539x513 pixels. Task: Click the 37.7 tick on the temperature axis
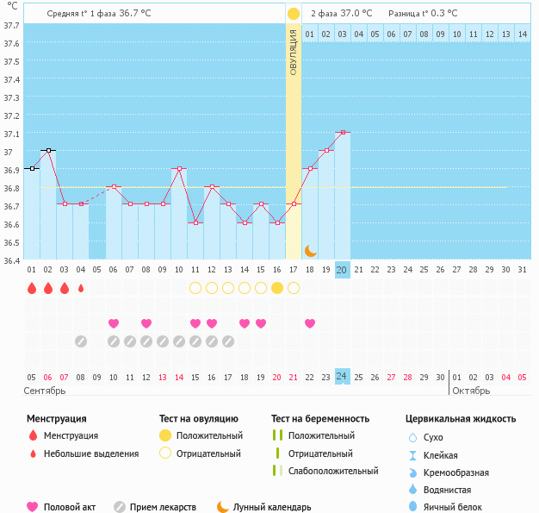pyautogui.click(x=11, y=25)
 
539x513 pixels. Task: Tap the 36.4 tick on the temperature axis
pyautogui.click(x=11, y=260)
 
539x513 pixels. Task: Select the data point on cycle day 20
pyautogui.click(x=342, y=132)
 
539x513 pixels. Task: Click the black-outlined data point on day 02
pyautogui.click(x=48, y=150)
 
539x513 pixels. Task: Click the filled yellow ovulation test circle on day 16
pyautogui.click(x=276, y=288)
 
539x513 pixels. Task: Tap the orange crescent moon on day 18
pyautogui.click(x=310, y=251)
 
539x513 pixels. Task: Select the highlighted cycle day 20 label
pyautogui.click(x=342, y=269)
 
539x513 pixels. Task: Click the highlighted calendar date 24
pyautogui.click(x=342, y=377)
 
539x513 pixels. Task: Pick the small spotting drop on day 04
pyautogui.click(x=81, y=288)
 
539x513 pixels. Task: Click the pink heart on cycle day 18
pyautogui.click(x=310, y=323)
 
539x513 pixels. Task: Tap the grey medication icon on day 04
pyautogui.click(x=81, y=341)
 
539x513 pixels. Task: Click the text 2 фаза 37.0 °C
pyautogui.click(x=342, y=13)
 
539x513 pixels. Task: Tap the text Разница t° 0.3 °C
pyautogui.click(x=423, y=13)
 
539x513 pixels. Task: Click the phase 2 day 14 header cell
pyautogui.click(x=522, y=34)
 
